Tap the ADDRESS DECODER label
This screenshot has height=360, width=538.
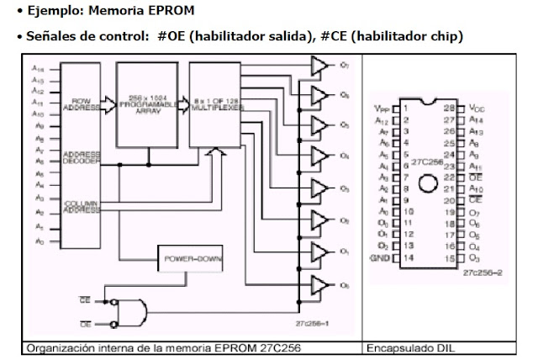pyautogui.click(x=82, y=159)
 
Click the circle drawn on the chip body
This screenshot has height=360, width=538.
pyautogui.click(x=427, y=183)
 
